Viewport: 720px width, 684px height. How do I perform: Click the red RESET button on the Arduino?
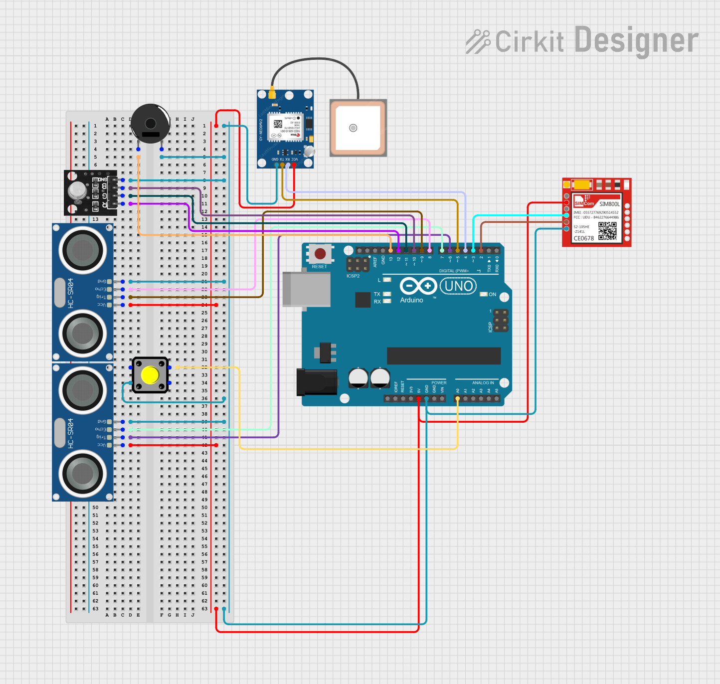tap(320, 254)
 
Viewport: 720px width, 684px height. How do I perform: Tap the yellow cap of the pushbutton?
tap(150, 375)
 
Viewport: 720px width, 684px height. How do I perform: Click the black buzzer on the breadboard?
tap(150, 123)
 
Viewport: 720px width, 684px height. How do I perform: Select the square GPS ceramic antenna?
tap(358, 128)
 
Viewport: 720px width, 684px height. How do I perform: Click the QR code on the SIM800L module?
tap(607, 231)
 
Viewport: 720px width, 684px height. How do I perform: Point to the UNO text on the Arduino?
tap(458, 286)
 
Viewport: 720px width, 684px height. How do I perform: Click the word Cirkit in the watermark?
tap(530, 41)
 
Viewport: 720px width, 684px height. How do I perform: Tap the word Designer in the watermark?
tap(636, 41)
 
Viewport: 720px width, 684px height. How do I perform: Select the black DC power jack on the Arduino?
tap(316, 381)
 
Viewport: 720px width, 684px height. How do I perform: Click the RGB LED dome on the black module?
tap(77, 190)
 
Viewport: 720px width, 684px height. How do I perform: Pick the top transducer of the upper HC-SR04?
tap(82, 250)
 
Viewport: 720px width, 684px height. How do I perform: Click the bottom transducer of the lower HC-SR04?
tap(82, 474)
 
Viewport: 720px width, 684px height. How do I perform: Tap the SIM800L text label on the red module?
tap(609, 204)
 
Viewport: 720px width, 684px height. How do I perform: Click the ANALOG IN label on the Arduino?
tap(483, 383)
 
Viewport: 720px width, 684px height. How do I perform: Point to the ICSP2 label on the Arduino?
tap(353, 276)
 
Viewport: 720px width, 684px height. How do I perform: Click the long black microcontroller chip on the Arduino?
tap(444, 356)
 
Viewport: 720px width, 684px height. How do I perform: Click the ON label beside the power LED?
tap(492, 295)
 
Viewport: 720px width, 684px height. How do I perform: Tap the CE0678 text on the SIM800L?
tap(583, 238)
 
